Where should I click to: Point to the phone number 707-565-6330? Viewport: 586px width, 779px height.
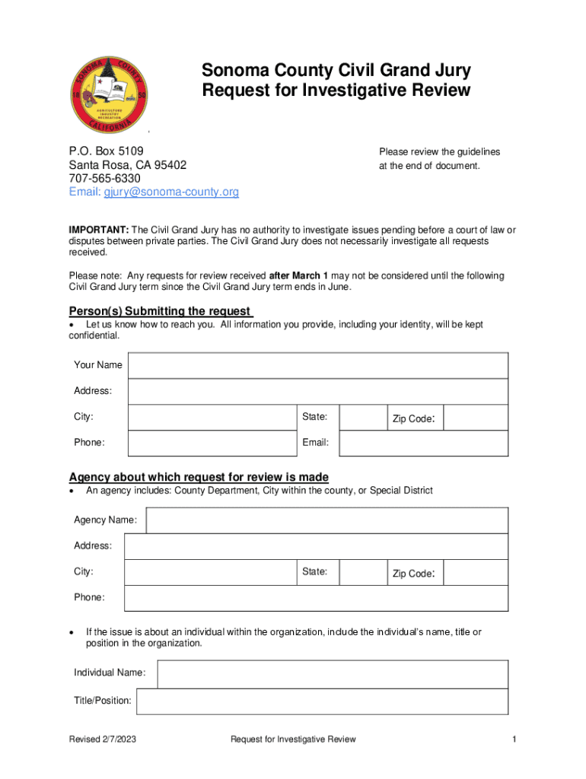(104, 179)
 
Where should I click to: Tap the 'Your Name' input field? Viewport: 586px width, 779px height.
(317, 366)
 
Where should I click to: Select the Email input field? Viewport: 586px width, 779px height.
(422, 444)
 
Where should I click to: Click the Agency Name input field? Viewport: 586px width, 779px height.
(326, 521)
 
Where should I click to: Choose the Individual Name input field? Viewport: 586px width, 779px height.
(332, 674)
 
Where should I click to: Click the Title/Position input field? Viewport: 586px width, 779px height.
(321, 701)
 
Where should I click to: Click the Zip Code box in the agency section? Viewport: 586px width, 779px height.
(475, 573)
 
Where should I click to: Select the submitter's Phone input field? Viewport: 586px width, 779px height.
(212, 444)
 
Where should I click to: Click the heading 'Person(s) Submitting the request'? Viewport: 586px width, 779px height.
(160, 311)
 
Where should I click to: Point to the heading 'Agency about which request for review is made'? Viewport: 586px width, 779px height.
(199, 477)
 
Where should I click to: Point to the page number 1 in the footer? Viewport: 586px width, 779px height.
(514, 739)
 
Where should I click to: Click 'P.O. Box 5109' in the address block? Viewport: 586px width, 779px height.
(107, 151)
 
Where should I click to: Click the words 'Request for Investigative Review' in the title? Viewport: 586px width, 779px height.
(336, 91)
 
